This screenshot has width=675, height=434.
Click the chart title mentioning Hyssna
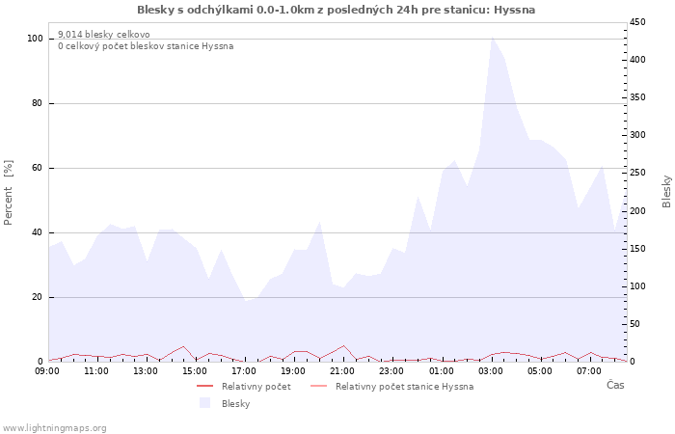point(337,10)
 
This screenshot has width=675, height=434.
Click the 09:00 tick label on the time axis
point(47,370)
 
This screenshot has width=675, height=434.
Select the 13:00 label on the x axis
point(146,370)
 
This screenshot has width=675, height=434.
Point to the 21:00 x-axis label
point(342,370)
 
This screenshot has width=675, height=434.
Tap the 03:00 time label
point(491,370)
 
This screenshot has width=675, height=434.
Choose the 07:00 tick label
point(589,370)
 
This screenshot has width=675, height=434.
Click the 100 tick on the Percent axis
point(35,39)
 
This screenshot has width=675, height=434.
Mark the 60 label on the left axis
point(38,168)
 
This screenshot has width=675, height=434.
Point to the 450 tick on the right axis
point(637,22)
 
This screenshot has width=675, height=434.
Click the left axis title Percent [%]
point(9,192)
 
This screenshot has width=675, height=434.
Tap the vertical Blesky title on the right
point(666,191)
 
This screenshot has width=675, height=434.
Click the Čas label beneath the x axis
point(614,385)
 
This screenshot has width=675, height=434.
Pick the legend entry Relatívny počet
point(256,387)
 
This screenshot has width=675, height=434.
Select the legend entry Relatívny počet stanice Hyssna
point(404,387)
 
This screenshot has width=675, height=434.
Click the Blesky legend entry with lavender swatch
point(235,404)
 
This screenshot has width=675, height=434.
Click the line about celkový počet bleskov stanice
point(145,46)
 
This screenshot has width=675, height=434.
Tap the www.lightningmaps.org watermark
point(55,428)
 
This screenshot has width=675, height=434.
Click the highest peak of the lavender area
point(492,38)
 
